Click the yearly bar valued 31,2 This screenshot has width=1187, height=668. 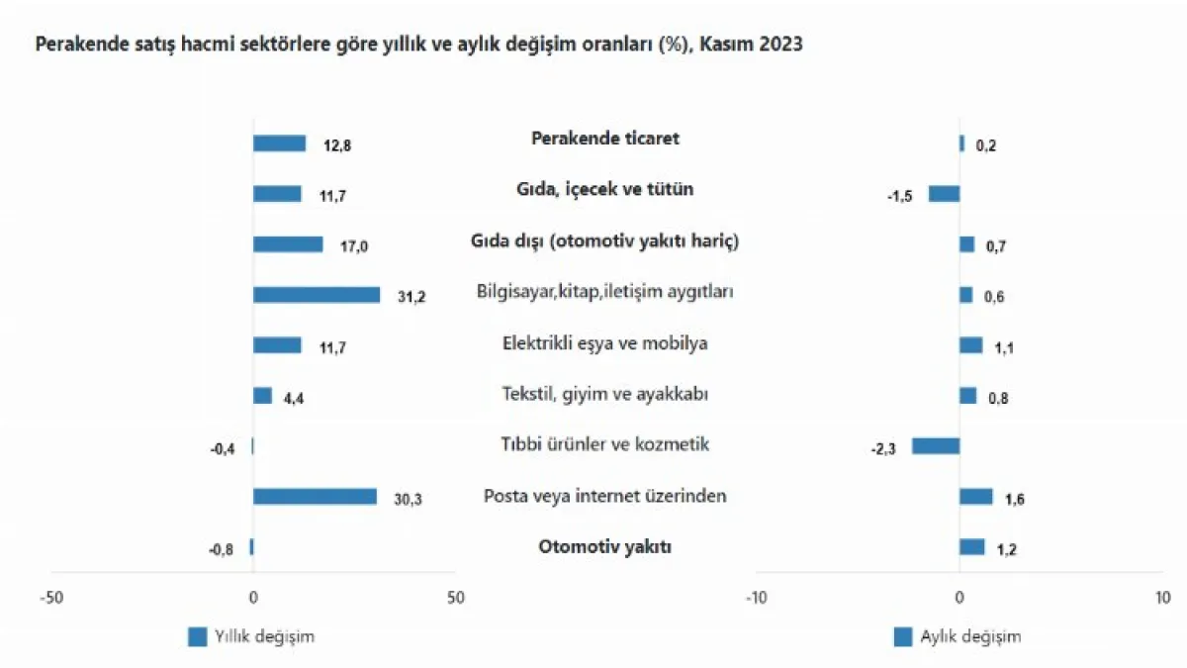click(317, 295)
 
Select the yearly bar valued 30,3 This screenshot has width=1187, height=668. click(315, 497)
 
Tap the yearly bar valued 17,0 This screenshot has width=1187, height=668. click(288, 244)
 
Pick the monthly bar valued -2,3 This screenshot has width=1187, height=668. click(936, 446)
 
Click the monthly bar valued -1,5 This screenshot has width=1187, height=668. click(944, 194)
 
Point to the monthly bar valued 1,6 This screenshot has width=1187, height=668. click(975, 497)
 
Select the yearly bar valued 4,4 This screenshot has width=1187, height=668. click(262, 396)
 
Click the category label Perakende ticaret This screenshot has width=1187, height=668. click(605, 139)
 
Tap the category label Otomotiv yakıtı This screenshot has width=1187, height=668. click(605, 546)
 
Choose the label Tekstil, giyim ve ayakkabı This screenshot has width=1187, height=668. click(605, 394)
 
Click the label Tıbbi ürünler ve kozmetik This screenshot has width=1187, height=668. click(605, 444)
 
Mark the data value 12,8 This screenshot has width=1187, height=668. click(337, 145)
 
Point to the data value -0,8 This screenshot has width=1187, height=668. click(222, 550)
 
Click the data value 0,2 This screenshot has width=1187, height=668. click(986, 145)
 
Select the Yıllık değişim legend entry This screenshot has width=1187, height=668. click(251, 637)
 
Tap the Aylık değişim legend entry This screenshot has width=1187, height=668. click(958, 637)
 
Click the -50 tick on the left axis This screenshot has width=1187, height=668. click(50, 598)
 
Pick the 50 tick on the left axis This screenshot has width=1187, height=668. click(454, 598)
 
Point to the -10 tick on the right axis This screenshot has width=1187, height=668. click(756, 598)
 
